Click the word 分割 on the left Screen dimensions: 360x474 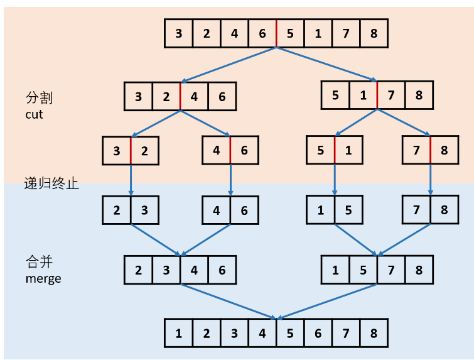pyautogui.click(x=39, y=99)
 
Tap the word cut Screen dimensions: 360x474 pyautogui.click(x=34, y=115)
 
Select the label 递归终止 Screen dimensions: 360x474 pyautogui.click(x=51, y=183)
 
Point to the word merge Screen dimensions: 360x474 pyautogui.click(x=43, y=278)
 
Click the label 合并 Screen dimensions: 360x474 pyautogui.click(x=39, y=262)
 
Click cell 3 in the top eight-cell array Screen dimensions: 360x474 pyautogui.click(x=179, y=33)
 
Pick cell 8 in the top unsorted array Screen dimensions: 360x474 pyautogui.click(x=374, y=33)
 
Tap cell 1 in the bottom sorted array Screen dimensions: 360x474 pyautogui.click(x=179, y=333)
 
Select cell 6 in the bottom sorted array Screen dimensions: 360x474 pyautogui.click(x=318, y=333)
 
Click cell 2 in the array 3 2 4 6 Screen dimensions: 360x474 pyautogui.click(x=166, y=97)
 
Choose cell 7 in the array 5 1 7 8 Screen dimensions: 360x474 pyautogui.click(x=391, y=95)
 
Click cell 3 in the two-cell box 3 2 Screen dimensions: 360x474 pyautogui.click(x=117, y=151)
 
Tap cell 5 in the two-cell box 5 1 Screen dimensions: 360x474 pyautogui.click(x=320, y=151)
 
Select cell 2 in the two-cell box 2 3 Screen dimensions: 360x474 pyautogui.click(x=117, y=210)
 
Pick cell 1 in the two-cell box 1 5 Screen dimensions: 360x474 pyautogui.click(x=320, y=210)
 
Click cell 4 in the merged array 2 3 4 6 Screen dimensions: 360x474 pyautogui.click(x=194, y=270)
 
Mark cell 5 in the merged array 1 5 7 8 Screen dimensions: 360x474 pyautogui.click(x=363, y=270)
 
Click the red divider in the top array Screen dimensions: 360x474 pyautogui.click(x=276, y=33)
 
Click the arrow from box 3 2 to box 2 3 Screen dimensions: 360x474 pyautogui.click(x=131, y=180)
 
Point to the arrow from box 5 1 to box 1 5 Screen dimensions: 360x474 pyautogui.click(x=334, y=180)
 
